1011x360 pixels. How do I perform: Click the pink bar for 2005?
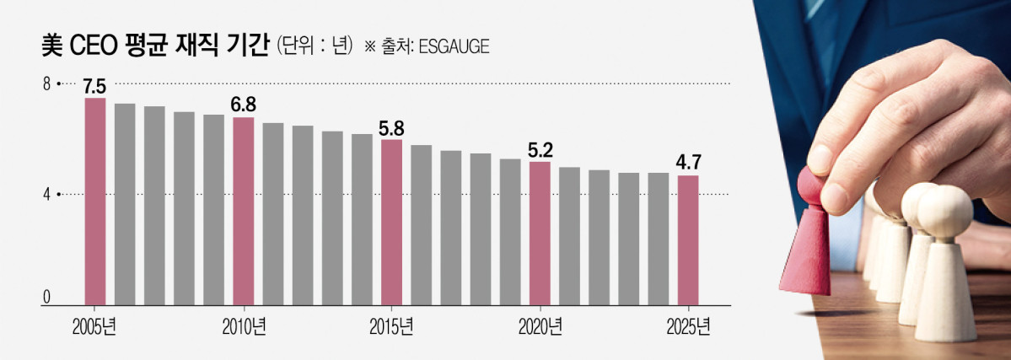[x=95, y=201]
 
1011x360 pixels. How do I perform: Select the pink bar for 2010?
[x=244, y=211]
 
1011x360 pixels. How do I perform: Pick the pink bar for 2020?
[x=540, y=233]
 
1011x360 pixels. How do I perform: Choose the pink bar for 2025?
[x=689, y=239]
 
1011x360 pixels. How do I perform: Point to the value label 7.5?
[x=94, y=86]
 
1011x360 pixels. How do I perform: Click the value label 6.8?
[x=244, y=105]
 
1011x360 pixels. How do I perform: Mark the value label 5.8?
[x=392, y=128]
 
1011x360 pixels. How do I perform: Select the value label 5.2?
[x=540, y=150]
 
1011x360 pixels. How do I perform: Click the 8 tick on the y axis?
[x=48, y=83]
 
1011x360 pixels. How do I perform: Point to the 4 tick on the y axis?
[x=48, y=194]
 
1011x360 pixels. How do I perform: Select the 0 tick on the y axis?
[x=47, y=298]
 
